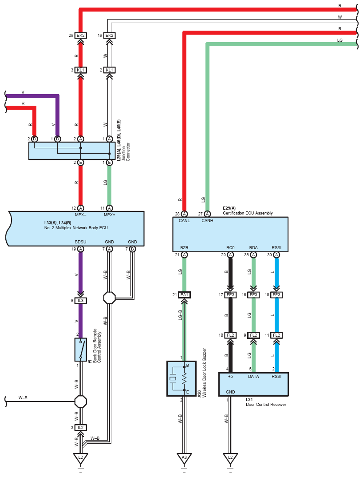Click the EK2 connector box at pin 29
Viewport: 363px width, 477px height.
tap(80, 36)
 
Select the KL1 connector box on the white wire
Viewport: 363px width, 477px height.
tap(109, 70)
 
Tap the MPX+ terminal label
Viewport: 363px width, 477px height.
tap(110, 215)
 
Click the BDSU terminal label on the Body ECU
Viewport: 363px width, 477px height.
tap(81, 242)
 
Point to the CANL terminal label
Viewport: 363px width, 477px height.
tap(184, 221)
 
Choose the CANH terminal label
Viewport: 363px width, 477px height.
tap(207, 221)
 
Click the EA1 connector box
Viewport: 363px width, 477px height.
tap(184, 295)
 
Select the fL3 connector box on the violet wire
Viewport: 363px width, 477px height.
tap(81, 301)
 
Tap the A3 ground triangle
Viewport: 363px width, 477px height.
tap(184, 458)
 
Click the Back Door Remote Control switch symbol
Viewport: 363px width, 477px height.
tap(81, 350)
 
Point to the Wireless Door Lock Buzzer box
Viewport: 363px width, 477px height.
tap(181, 378)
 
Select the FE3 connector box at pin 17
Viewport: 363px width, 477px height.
tap(230, 295)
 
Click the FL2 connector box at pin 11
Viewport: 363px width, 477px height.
tap(276, 335)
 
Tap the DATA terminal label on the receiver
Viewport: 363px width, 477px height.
tap(253, 377)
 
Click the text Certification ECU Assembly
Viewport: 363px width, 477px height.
tap(248, 213)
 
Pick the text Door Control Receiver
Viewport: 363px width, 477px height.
tap(266, 405)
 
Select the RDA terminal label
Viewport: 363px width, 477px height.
tap(253, 248)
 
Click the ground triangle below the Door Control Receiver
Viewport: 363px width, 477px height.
tap(230, 458)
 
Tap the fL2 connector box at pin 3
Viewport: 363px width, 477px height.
tap(81, 427)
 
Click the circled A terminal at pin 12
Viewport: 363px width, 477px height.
tap(81, 208)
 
